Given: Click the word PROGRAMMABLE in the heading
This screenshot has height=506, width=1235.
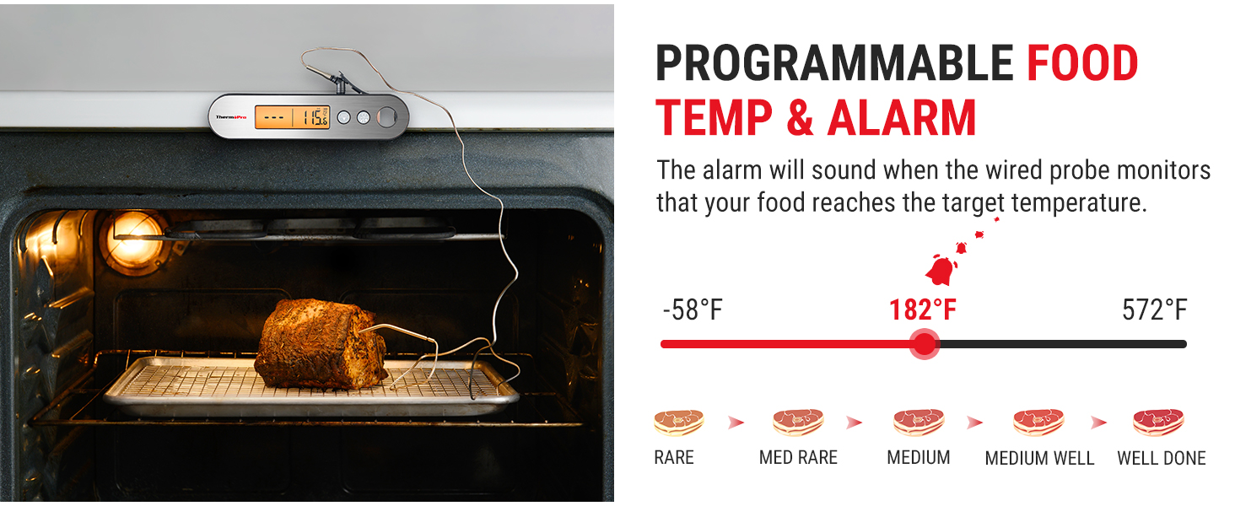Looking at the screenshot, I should click(834, 63).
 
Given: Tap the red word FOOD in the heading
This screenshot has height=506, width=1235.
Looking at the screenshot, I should click(1082, 63).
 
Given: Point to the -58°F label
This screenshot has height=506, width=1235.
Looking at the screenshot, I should click(693, 310).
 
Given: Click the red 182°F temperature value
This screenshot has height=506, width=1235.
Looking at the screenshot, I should click(922, 310).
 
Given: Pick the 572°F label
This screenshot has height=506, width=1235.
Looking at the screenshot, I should click(1154, 310).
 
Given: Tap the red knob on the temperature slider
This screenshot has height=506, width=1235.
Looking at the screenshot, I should click(925, 344).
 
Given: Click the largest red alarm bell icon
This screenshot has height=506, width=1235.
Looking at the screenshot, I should click(941, 270).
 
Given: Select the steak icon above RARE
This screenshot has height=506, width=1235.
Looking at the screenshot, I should click(677, 422).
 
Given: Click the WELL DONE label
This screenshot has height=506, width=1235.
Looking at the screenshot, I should click(1161, 459).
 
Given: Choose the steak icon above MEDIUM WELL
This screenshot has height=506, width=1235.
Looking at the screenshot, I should click(1038, 422).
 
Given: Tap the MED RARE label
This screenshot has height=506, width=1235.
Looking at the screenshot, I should click(798, 458).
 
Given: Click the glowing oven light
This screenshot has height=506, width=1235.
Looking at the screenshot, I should click(133, 240).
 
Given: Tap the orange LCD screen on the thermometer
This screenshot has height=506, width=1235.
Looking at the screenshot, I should click(293, 117).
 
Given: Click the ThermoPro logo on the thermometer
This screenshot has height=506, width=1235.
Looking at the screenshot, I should click(230, 117).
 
